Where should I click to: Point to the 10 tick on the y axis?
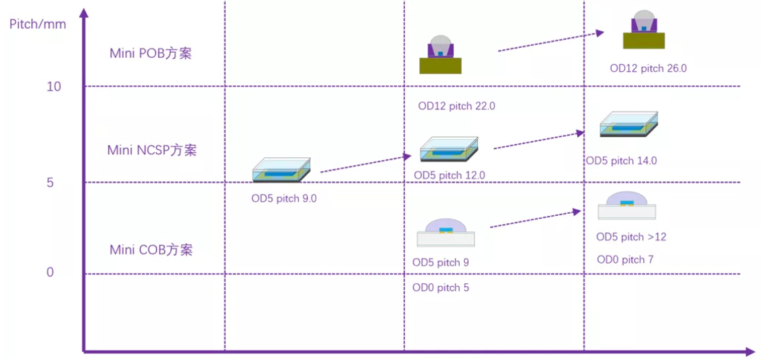click(x=54, y=87)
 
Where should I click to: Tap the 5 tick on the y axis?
click(x=50, y=183)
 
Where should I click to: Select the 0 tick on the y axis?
click(x=50, y=272)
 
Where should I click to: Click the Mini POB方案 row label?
click(x=151, y=54)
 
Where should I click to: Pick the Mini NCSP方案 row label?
click(x=152, y=150)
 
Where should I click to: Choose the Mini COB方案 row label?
click(x=151, y=250)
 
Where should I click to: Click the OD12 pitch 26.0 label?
click(x=648, y=69)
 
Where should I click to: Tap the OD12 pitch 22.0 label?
click(x=457, y=106)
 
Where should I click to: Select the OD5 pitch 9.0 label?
click(x=284, y=199)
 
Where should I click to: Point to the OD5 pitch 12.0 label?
click(x=450, y=175)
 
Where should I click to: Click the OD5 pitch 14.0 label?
click(x=622, y=161)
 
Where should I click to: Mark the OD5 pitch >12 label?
click(x=631, y=237)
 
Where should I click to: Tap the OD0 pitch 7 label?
click(x=625, y=260)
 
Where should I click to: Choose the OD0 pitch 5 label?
click(x=441, y=288)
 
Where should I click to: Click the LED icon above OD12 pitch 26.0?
click(x=644, y=29)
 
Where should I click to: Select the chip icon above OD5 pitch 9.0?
click(x=282, y=169)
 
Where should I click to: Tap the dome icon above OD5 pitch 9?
click(x=445, y=233)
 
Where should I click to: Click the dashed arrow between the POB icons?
click(x=551, y=41)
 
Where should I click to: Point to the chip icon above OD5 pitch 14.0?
click(x=629, y=125)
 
